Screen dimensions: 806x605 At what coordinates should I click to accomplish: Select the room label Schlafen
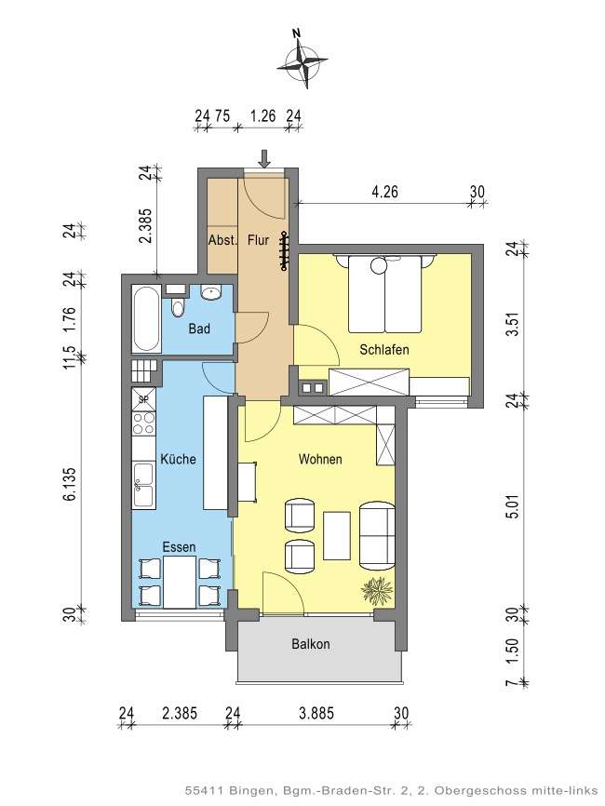pos(384,349)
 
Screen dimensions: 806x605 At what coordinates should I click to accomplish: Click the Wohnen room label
pos(320,459)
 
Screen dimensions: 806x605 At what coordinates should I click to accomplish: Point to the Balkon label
pos(310,644)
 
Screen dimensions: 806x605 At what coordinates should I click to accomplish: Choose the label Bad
pos(198,329)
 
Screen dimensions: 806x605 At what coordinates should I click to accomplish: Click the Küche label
pos(177,460)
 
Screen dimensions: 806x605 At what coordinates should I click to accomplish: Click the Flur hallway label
pos(258,240)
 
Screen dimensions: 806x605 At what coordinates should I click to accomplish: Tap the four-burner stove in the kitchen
pos(144,424)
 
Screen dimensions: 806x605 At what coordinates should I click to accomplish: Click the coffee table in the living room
pos(336,536)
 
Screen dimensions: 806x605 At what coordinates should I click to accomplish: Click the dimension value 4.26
pos(384,193)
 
